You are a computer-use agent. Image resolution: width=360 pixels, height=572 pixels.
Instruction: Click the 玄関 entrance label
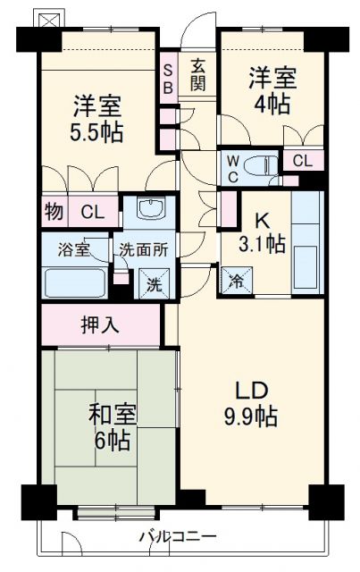pos(198,75)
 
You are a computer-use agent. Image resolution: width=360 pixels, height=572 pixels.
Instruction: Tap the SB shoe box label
pos(168,75)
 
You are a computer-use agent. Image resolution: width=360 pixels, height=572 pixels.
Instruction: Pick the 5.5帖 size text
pos(97,132)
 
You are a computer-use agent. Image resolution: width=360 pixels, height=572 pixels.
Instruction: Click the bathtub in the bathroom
pos(75,283)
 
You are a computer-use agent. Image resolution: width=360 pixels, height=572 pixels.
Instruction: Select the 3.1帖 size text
pos(262,244)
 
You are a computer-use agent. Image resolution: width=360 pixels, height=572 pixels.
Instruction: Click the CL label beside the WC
pos(303,161)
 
